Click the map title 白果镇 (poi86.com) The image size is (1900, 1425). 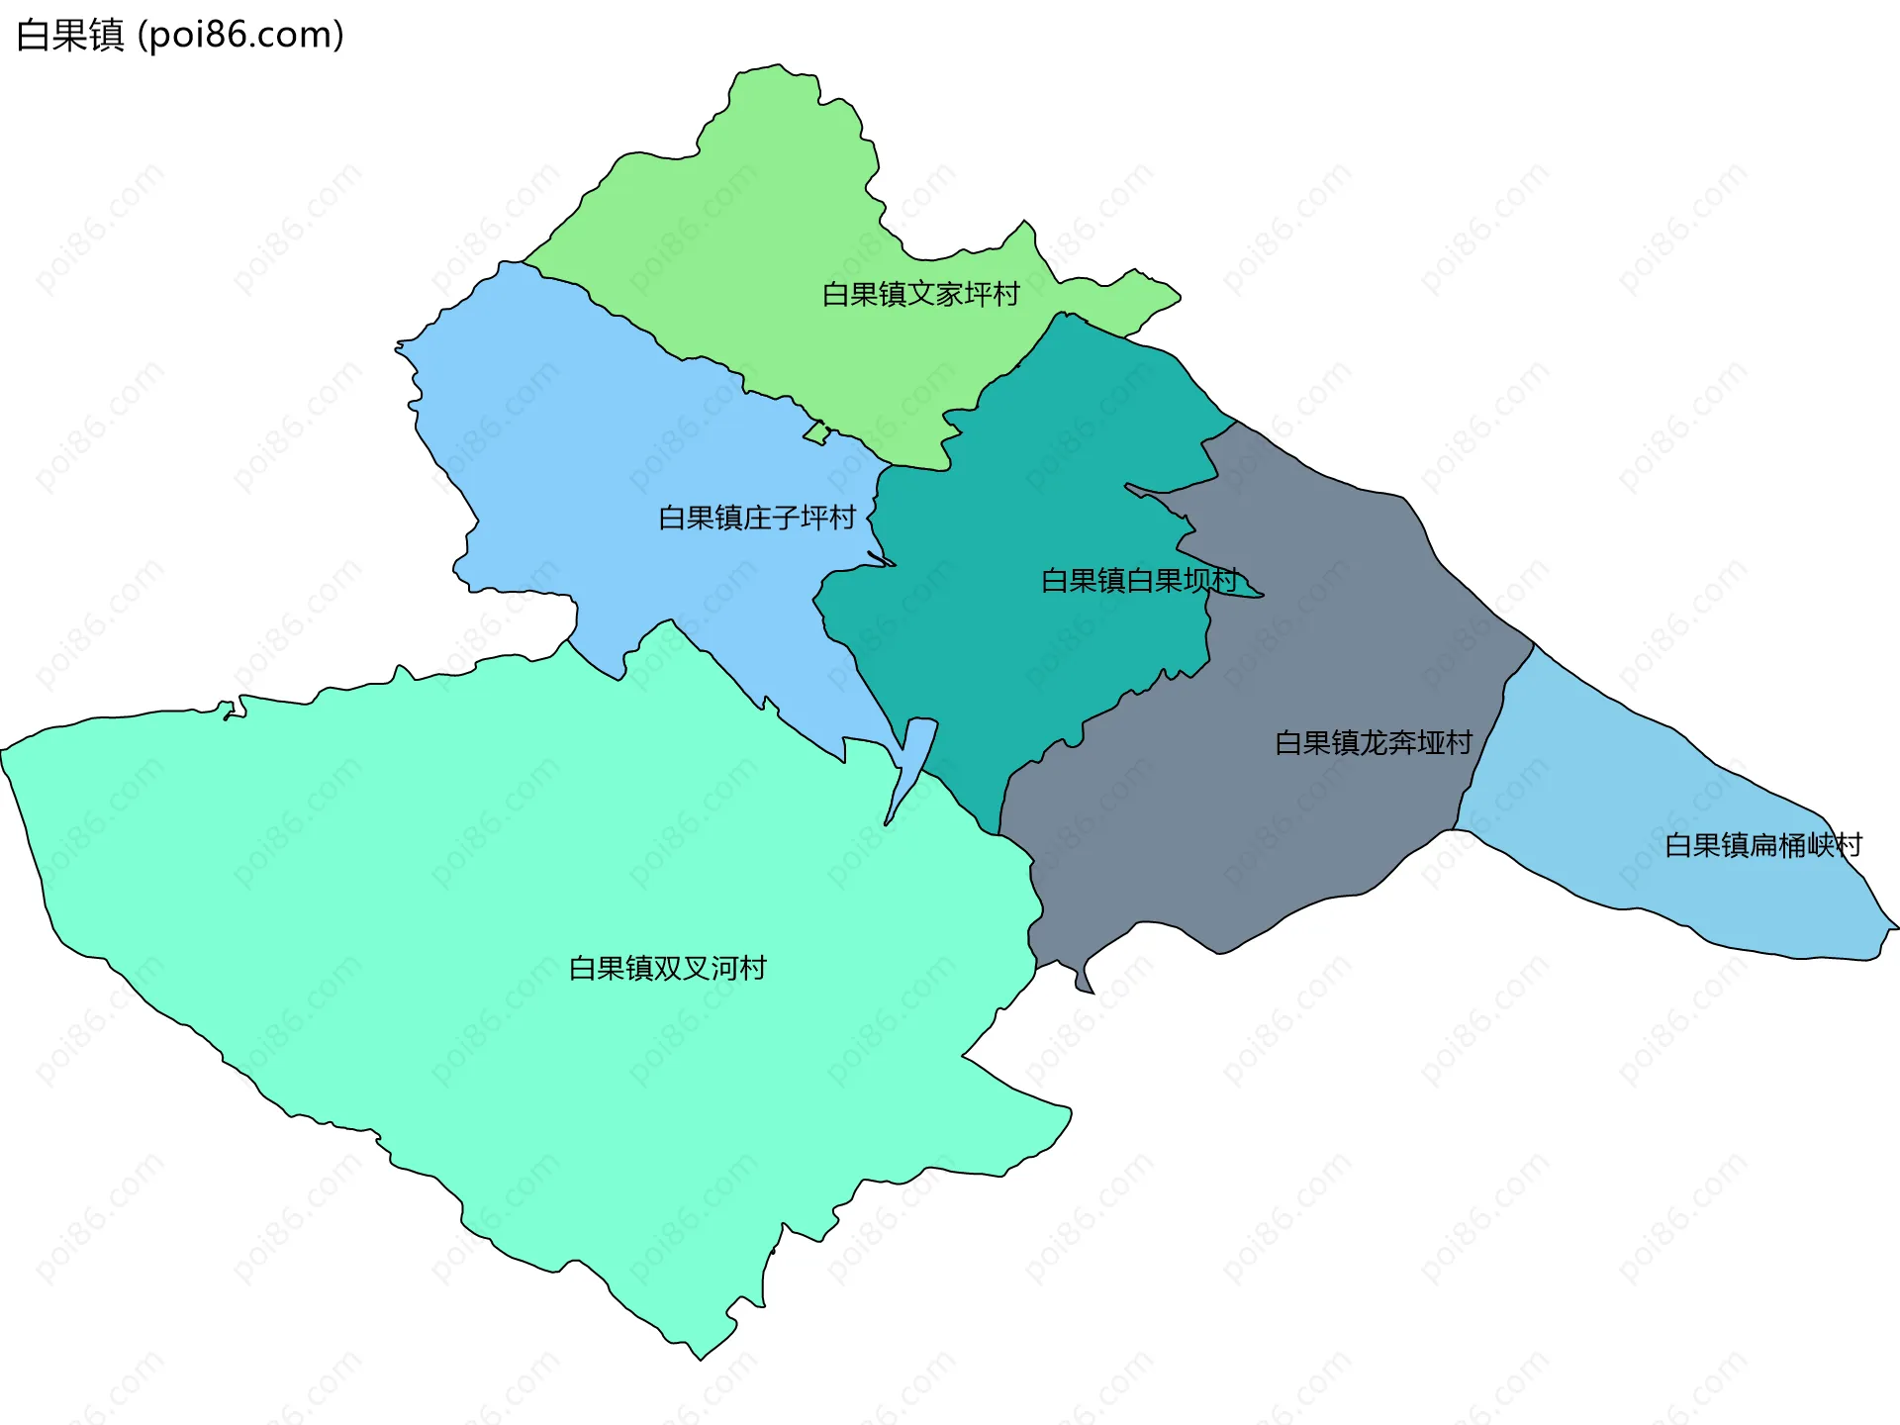[180, 36]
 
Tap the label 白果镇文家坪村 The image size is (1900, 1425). [920, 294]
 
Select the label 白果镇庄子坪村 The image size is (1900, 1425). [757, 518]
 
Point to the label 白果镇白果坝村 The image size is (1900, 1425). [1139, 580]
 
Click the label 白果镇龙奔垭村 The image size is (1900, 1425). [1374, 742]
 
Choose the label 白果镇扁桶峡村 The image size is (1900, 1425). [1763, 845]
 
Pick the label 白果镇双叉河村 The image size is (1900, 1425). [668, 968]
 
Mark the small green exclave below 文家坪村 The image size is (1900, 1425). [816, 433]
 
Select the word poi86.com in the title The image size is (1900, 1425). [241, 36]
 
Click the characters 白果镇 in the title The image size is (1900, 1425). [70, 36]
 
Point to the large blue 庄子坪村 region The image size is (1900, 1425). [594, 445]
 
